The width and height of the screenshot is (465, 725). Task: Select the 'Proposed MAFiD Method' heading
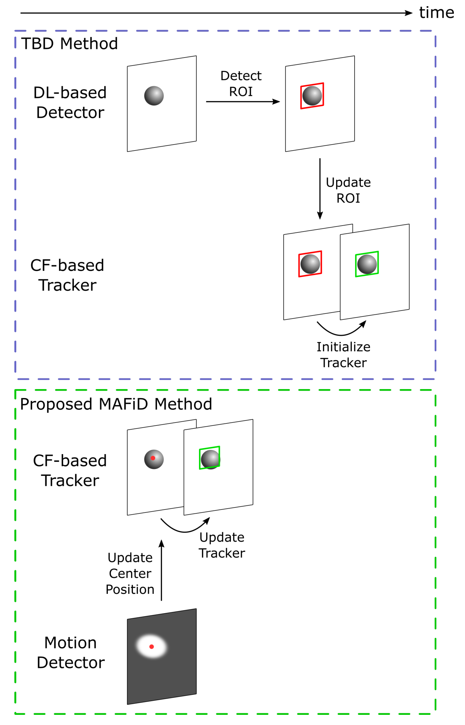click(116, 404)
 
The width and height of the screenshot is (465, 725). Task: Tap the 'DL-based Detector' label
click(70, 102)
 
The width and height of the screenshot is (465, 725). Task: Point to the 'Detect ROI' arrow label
click(241, 84)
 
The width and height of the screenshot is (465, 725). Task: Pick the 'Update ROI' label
click(348, 190)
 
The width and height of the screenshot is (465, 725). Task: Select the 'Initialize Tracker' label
click(344, 355)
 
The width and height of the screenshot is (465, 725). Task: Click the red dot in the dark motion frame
click(152, 646)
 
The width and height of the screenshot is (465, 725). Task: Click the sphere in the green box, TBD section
click(367, 264)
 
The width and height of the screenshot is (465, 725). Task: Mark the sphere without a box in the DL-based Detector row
click(154, 96)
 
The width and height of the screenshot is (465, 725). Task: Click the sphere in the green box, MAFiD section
click(210, 459)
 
